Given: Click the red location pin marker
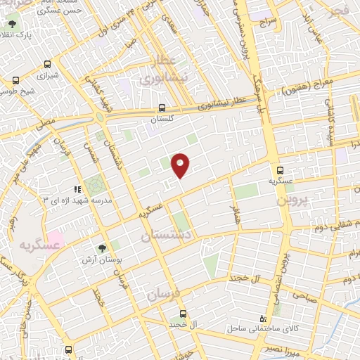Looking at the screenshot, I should coord(181,165).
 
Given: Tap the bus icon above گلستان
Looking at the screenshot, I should coord(162,108).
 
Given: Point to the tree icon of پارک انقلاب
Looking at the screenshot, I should coord(11,23).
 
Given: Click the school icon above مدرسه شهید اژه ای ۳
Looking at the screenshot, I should coord(77,188).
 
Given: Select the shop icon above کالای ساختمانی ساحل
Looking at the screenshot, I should coord(262,318).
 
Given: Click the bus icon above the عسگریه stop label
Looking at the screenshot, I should coord(280,169).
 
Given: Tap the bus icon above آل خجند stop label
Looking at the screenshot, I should coord(183,314).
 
